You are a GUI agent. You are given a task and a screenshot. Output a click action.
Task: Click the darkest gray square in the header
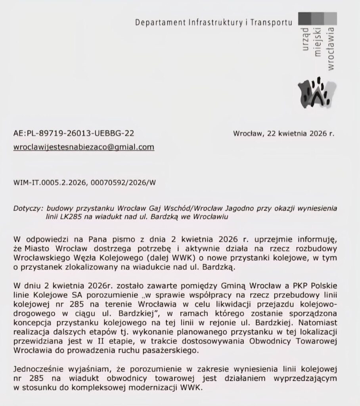(304, 19)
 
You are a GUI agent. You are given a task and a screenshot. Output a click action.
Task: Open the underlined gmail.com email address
(84, 147)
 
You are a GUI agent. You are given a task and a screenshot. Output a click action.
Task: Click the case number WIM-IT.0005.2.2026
(48, 183)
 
